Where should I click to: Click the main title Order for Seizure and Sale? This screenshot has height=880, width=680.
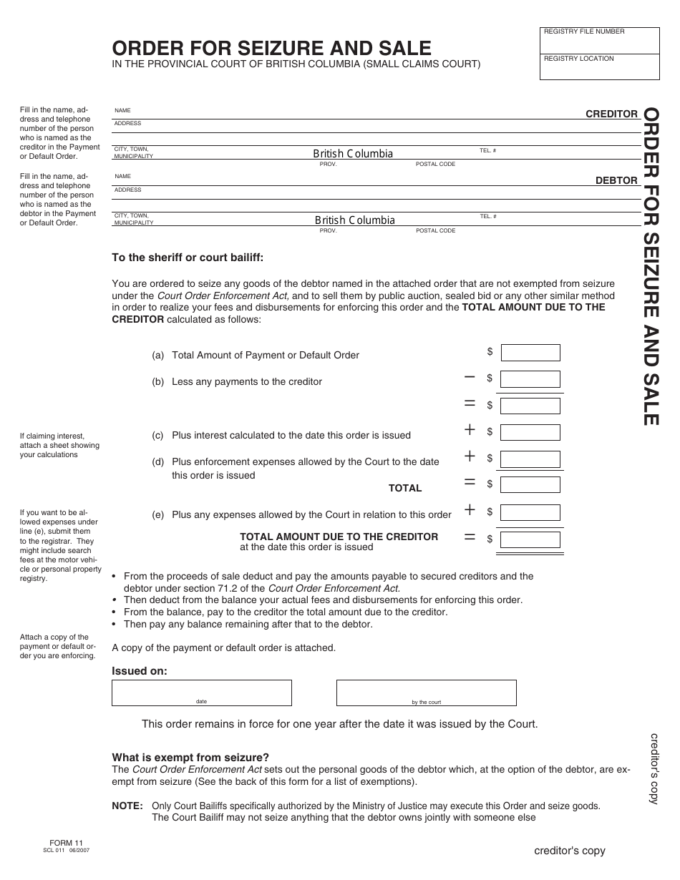click(x=271, y=48)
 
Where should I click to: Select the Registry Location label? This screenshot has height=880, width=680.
click(x=579, y=59)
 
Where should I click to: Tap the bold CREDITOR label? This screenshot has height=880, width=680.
click(x=611, y=114)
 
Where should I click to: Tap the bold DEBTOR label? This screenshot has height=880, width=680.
click(x=616, y=180)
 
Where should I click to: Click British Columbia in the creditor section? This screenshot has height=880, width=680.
click(x=353, y=154)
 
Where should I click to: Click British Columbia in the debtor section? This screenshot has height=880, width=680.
click(x=354, y=220)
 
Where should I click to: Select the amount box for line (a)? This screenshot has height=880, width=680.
click(x=530, y=352)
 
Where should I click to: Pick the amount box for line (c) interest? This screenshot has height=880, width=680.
click(x=530, y=432)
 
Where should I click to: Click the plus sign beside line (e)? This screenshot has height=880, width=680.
click(x=470, y=510)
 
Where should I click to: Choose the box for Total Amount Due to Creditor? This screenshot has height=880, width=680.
click(x=530, y=539)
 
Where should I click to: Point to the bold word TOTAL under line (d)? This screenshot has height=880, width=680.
click(x=405, y=488)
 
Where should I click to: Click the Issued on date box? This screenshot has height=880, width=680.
click(x=201, y=692)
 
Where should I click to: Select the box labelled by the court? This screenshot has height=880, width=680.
click(x=426, y=692)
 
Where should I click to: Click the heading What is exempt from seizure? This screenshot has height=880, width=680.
click(x=190, y=758)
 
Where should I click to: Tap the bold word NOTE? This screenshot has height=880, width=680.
click(x=127, y=806)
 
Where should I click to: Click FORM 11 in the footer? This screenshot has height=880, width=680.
click(x=67, y=843)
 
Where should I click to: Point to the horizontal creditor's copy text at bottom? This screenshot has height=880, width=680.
click(x=569, y=851)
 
